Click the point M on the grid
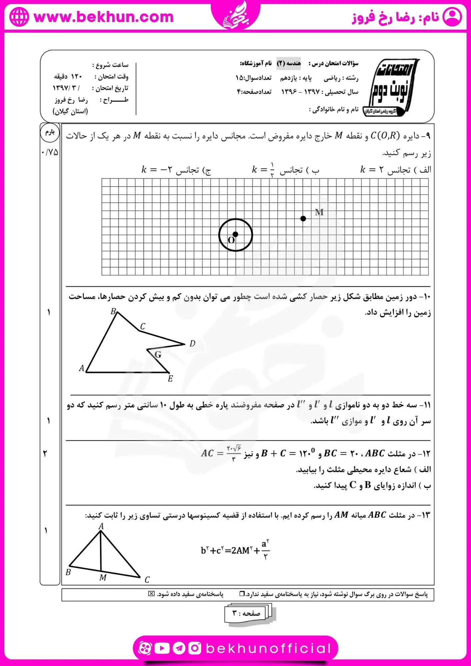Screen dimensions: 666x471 (303, 218)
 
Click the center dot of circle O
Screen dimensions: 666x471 (235, 234)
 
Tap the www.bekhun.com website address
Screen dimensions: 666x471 (104, 17)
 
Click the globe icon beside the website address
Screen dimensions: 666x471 (19, 17)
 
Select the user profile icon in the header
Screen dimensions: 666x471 (452, 17)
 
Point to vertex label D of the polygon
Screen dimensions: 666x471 (192, 344)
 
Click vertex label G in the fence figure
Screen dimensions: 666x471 (158, 355)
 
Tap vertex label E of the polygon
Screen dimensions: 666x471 (170, 379)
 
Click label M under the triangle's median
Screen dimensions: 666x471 (103, 578)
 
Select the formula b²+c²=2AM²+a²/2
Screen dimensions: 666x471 (235, 550)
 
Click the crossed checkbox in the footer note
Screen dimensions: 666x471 (152, 594)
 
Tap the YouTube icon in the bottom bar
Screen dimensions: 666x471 (162, 648)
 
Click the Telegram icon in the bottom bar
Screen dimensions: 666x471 (179, 648)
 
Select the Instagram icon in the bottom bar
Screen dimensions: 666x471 (195, 648)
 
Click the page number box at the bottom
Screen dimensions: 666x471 (246, 613)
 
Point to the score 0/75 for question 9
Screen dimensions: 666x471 (50, 153)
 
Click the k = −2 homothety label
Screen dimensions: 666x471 (176, 170)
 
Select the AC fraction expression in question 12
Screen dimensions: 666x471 (221, 453)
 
